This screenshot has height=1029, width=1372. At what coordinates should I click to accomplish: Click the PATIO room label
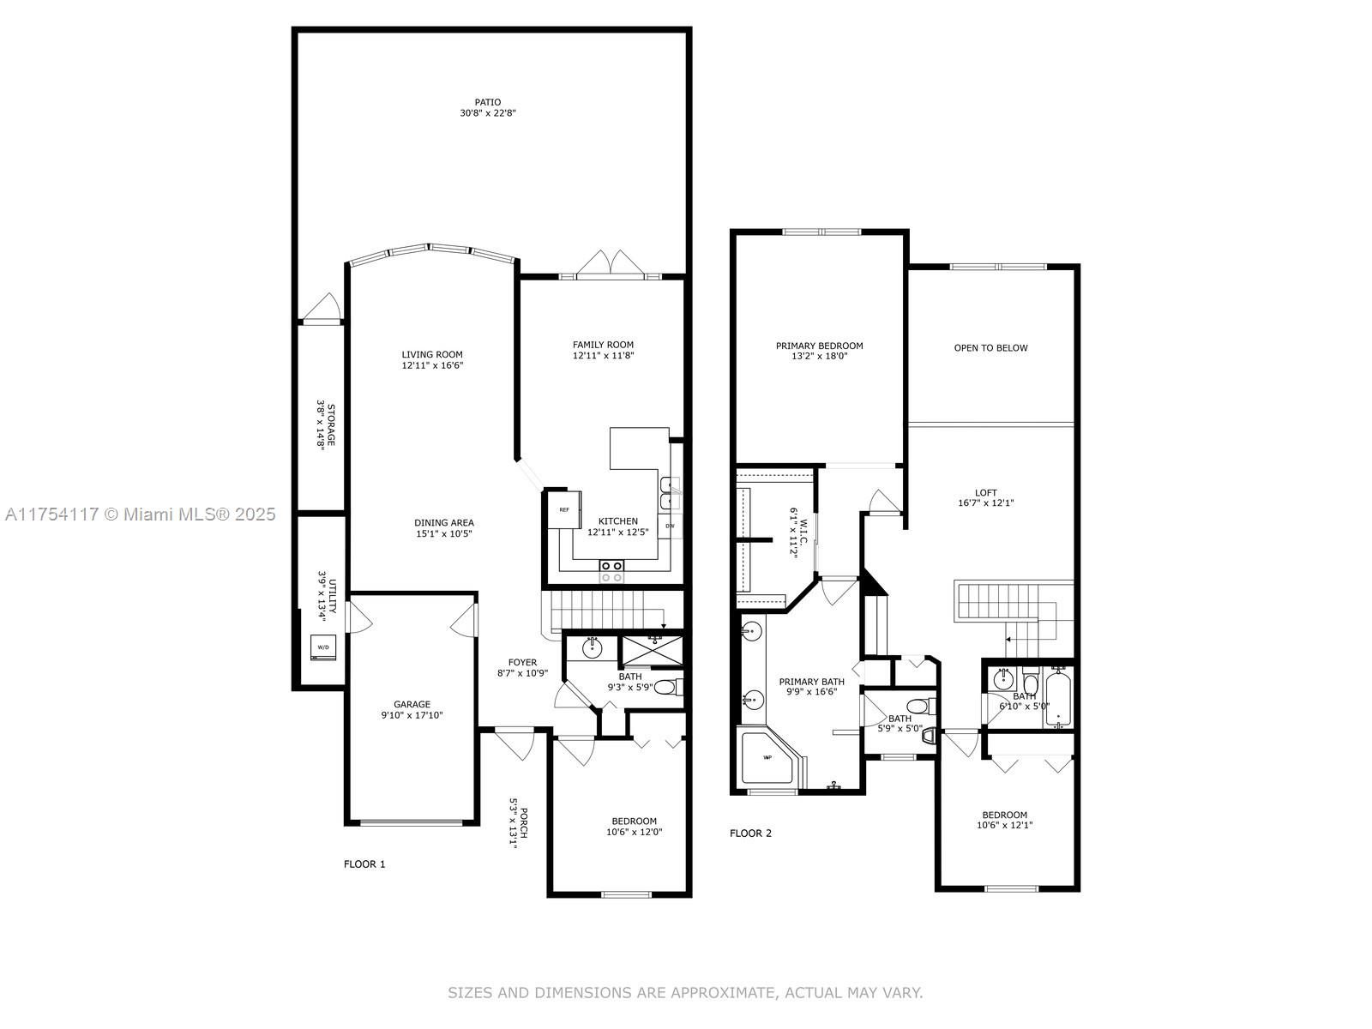click(x=488, y=102)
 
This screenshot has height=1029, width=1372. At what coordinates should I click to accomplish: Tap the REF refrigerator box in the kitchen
click(x=563, y=510)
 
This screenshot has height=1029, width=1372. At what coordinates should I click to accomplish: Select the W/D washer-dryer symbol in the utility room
click(x=323, y=647)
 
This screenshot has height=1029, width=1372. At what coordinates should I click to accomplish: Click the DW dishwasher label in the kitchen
click(x=670, y=526)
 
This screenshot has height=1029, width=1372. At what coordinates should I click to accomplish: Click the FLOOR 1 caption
click(x=364, y=864)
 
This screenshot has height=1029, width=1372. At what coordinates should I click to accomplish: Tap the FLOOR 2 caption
click(x=750, y=833)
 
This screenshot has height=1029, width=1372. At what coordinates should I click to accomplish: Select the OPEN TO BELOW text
click(x=990, y=348)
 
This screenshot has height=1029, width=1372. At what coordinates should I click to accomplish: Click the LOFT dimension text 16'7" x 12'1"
click(x=986, y=503)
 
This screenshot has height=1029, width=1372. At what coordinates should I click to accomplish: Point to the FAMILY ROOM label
click(x=603, y=344)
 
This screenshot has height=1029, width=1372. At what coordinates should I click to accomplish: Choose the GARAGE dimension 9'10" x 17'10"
click(x=412, y=715)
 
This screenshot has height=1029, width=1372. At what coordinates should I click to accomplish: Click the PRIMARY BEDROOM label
click(x=820, y=346)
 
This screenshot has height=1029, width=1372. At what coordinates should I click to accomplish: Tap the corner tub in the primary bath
click(x=770, y=758)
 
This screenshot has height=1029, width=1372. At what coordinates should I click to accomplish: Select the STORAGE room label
click(x=331, y=424)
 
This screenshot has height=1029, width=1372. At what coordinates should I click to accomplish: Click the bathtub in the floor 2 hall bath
click(x=1057, y=698)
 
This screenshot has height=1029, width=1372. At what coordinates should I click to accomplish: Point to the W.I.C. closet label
click(x=803, y=531)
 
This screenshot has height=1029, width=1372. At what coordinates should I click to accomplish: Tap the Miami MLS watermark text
click(x=140, y=514)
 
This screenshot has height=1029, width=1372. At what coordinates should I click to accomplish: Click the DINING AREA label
click(x=444, y=522)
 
